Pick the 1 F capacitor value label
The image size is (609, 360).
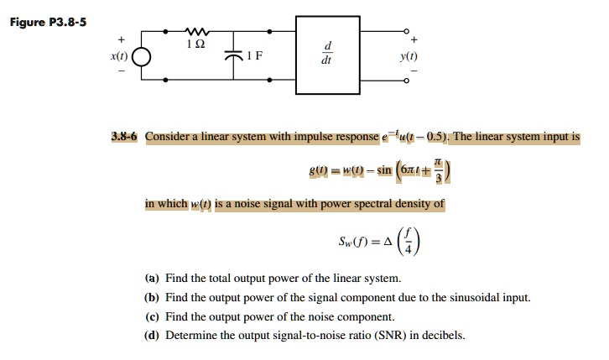click(255, 57)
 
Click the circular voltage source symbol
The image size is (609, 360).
click(142, 58)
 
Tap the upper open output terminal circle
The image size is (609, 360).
click(407, 31)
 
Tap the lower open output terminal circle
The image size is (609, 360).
click(407, 81)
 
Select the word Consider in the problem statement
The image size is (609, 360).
click(169, 136)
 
